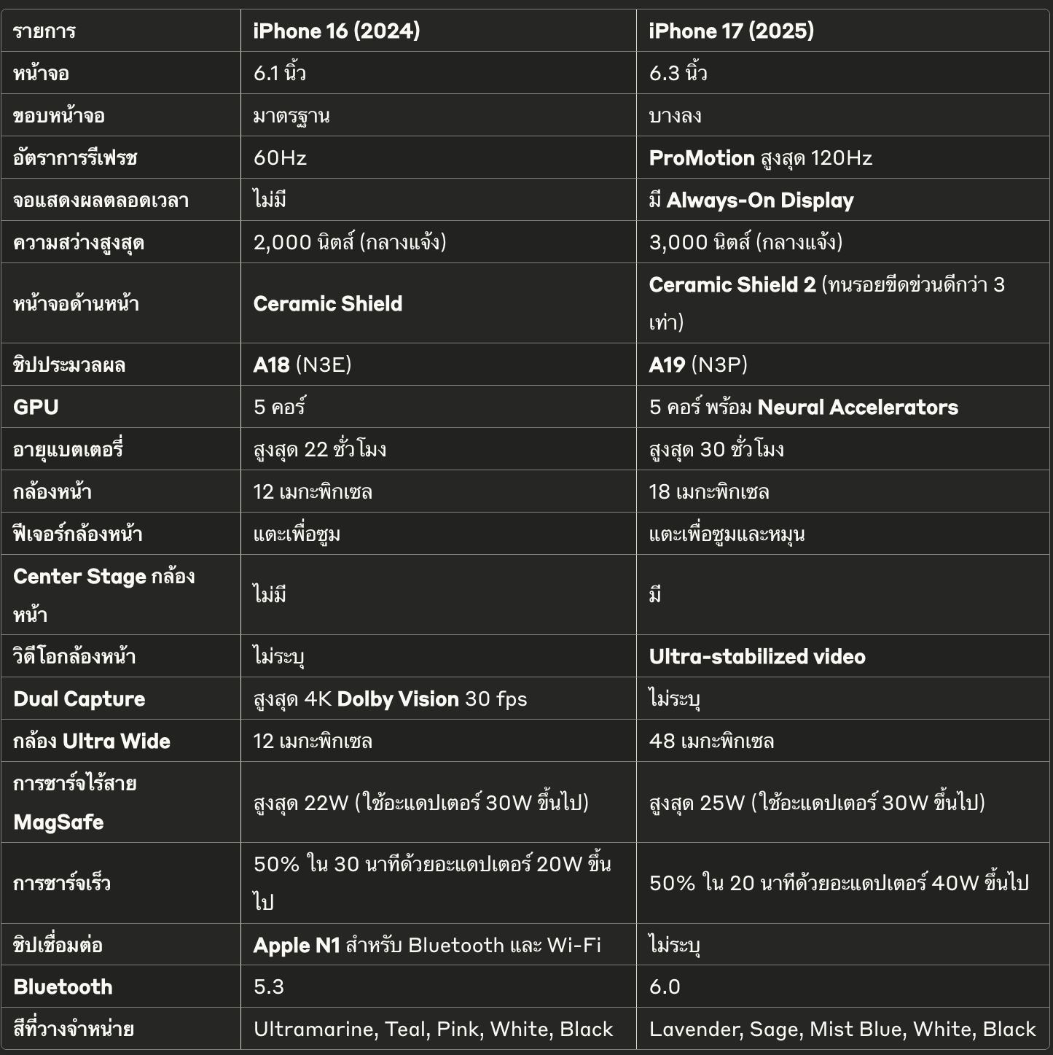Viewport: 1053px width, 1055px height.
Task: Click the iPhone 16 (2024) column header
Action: (336, 31)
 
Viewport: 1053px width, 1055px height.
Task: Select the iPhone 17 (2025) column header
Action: (731, 31)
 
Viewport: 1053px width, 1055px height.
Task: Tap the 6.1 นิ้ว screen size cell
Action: (279, 73)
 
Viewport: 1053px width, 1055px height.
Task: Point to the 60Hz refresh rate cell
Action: (280, 157)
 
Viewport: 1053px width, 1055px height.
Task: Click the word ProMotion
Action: (701, 157)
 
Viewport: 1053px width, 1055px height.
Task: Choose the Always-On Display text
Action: (759, 201)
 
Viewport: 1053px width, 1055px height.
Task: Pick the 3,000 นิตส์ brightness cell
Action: (745, 242)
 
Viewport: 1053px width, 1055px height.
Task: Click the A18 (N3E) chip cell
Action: (302, 365)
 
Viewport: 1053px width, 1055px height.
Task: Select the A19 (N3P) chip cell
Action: (697, 365)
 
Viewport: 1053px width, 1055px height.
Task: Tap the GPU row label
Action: (36, 407)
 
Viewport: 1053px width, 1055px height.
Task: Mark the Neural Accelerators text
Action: (857, 407)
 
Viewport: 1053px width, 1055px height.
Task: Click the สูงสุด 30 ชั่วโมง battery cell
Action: (716, 449)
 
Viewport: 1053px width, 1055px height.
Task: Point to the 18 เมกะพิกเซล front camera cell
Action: (708, 491)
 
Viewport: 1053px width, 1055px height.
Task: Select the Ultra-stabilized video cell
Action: (756, 656)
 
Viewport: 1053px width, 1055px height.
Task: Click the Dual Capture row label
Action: (79, 698)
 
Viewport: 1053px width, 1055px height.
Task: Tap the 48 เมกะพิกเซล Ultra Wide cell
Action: (711, 741)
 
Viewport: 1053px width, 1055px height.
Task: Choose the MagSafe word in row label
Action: (58, 822)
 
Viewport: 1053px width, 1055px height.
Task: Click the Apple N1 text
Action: (297, 945)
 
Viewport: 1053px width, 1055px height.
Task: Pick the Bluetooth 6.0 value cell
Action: (664, 986)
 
